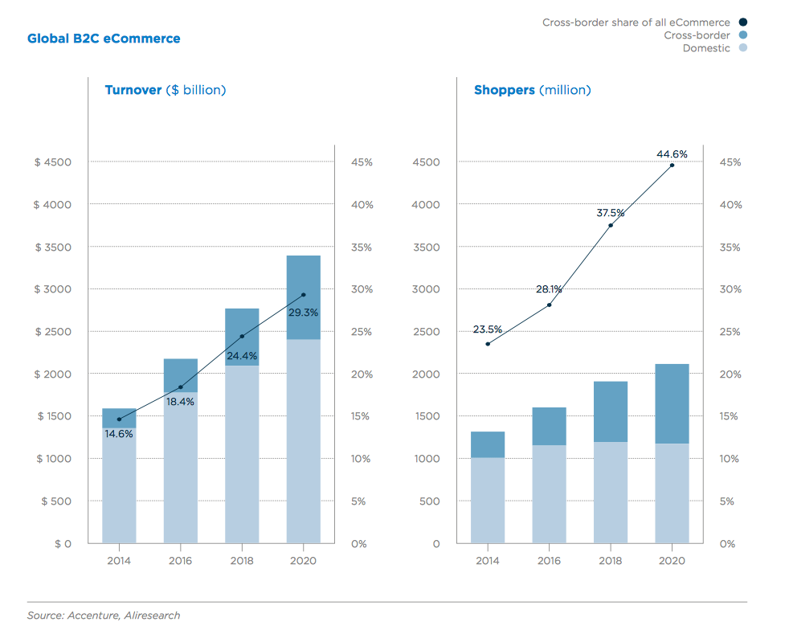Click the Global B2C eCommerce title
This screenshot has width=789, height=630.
tap(104, 39)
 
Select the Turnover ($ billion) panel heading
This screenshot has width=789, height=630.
tap(165, 90)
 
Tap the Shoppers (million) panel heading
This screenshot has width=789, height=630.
tap(532, 90)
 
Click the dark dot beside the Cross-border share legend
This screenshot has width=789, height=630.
tap(743, 22)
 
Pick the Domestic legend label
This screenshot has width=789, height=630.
tap(706, 48)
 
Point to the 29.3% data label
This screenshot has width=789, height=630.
tap(303, 312)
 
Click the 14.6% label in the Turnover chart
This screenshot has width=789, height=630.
tap(118, 433)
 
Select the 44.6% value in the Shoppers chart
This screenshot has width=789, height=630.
tap(672, 154)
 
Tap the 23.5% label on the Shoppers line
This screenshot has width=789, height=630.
tap(487, 329)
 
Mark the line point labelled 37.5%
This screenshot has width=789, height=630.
tap(611, 225)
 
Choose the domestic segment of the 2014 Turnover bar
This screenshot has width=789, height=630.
tap(118, 486)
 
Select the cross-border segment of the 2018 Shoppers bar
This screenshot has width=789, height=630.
tap(611, 411)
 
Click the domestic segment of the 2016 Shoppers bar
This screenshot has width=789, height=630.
tap(549, 494)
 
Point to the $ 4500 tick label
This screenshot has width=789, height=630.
tap(53, 162)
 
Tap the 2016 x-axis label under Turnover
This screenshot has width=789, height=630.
tap(180, 560)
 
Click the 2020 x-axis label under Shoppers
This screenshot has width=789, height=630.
tap(672, 560)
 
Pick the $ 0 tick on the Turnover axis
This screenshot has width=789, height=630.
tap(63, 544)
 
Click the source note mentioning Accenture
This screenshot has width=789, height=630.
tap(104, 616)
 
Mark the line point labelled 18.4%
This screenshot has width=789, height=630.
tap(180, 387)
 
